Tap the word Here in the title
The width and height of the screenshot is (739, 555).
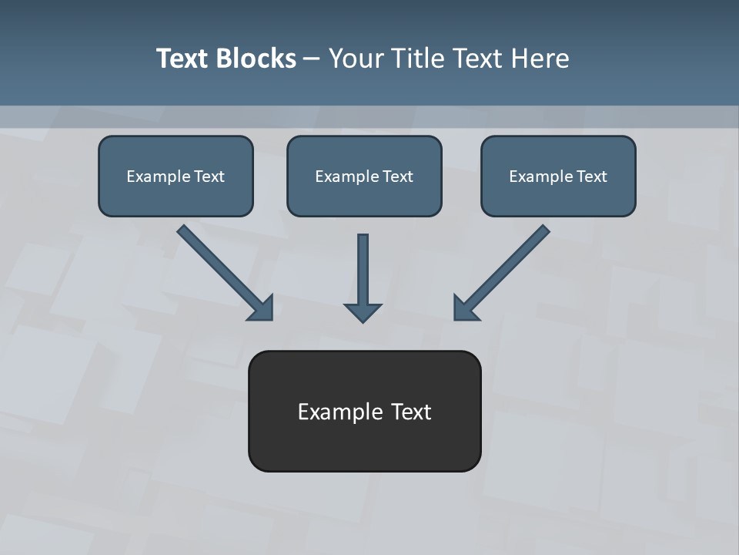point(540,59)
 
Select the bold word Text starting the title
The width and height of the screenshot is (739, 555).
point(183,59)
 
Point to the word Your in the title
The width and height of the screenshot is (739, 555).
point(356,59)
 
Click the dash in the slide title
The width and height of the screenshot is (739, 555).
point(312,59)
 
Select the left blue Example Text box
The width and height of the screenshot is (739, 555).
point(176,176)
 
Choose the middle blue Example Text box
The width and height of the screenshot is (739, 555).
point(364,176)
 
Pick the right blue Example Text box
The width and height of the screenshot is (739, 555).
point(558,176)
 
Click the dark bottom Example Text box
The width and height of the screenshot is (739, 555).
point(364,411)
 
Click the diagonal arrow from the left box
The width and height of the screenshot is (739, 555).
point(219,267)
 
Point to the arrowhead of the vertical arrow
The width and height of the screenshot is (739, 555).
point(363,311)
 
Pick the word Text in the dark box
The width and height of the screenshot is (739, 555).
point(411,412)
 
